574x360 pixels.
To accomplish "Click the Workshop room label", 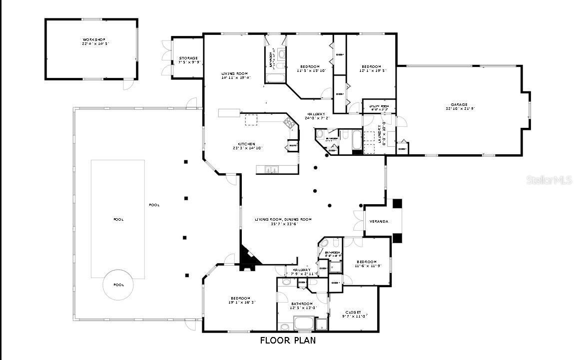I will pyautogui.click(x=94, y=41).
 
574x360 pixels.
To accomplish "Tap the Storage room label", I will pyautogui.click(x=188, y=60).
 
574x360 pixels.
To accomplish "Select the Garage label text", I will pyautogui.click(x=457, y=107).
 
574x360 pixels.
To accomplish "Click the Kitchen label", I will pyautogui.click(x=247, y=146).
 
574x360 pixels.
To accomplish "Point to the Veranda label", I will pyautogui.click(x=378, y=221).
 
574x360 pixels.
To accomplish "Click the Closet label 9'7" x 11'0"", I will pyautogui.click(x=355, y=314).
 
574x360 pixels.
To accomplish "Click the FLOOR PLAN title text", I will pyautogui.click(x=288, y=341).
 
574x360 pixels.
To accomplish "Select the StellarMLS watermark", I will pyautogui.click(x=549, y=180).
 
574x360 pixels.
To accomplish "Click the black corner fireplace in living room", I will pyautogui.click(x=249, y=256).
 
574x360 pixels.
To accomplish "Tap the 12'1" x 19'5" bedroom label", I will pyautogui.click(x=371, y=69).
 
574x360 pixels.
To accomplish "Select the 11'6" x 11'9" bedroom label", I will pyautogui.click(x=366, y=264).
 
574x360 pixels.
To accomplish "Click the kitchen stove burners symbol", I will pyautogui.click(x=288, y=122).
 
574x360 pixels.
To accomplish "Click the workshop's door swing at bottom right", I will pyautogui.click(x=129, y=84).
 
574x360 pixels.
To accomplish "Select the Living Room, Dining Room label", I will pyautogui.click(x=283, y=221).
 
